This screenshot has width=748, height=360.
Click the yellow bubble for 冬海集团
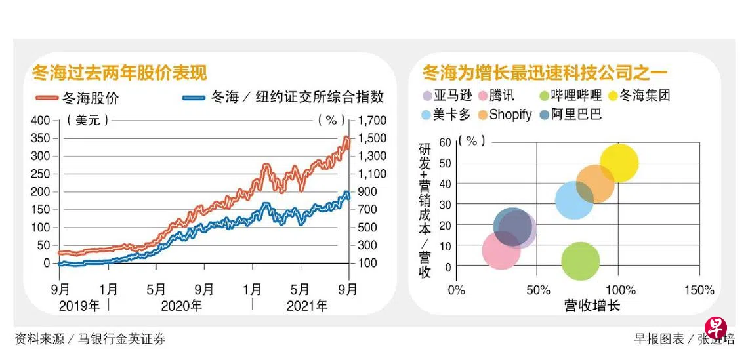619,163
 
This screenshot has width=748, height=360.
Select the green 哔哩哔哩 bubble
580,261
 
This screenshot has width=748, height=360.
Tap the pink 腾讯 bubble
501,250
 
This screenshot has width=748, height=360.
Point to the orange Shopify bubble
595,184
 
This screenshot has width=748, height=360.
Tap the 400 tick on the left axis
41,121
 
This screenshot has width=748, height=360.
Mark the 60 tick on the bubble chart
446,142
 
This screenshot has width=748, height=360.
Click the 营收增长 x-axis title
591,306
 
